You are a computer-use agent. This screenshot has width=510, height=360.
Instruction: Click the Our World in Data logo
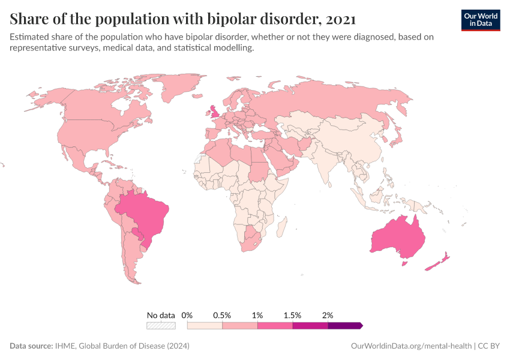click(480, 20)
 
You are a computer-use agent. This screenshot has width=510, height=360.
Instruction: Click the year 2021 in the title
click(339, 19)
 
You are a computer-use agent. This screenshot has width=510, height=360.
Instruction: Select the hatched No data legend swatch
click(161, 326)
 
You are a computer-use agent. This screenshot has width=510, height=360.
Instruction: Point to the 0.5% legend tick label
click(222, 315)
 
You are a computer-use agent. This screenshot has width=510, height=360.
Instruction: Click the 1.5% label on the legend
click(293, 315)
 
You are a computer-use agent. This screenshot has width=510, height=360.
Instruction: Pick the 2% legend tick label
click(328, 315)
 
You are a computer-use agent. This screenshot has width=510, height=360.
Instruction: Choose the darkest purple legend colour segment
click(344, 326)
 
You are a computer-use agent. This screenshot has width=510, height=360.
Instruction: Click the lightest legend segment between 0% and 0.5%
click(205, 326)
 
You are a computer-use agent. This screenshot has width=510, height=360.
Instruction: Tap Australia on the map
click(398, 239)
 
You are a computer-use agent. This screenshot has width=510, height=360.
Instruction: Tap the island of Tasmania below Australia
click(404, 262)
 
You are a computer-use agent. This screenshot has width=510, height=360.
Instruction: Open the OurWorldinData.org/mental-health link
click(411, 346)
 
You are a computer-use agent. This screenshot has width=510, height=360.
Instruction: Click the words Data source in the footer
click(31, 346)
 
